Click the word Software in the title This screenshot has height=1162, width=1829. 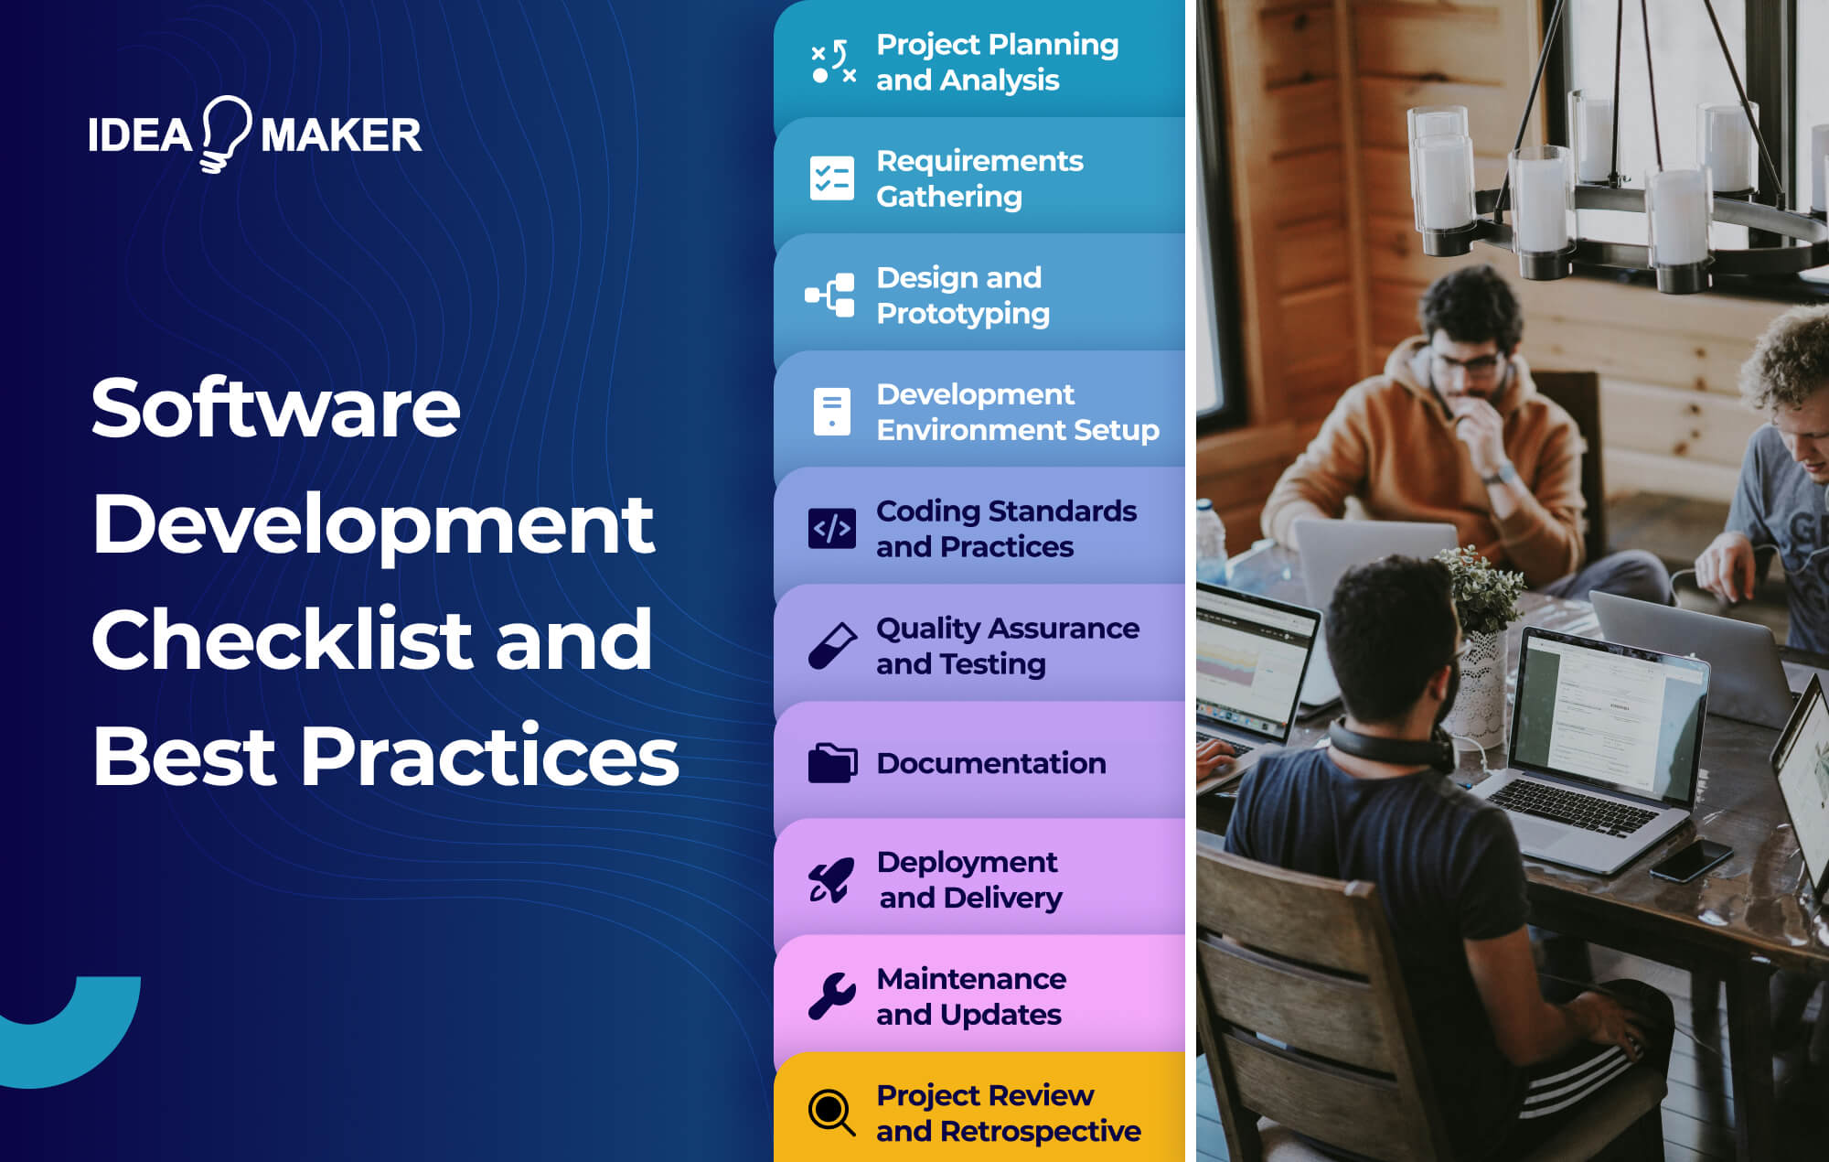(x=275, y=408)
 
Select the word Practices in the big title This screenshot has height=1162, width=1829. (x=489, y=757)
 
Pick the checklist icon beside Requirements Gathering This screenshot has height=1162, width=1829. (x=831, y=178)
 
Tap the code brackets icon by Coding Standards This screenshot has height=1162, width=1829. (x=831, y=529)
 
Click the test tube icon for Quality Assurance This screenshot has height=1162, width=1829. (x=832, y=646)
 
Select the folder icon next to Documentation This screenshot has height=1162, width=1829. (x=832, y=763)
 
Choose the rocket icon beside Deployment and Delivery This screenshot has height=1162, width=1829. (x=832, y=880)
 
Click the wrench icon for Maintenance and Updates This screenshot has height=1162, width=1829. (x=832, y=996)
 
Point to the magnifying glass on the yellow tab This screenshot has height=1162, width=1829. (x=832, y=1113)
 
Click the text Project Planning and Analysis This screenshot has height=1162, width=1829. (x=996, y=62)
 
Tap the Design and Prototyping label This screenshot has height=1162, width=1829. (x=962, y=296)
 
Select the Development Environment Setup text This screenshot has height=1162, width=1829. (x=1017, y=412)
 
